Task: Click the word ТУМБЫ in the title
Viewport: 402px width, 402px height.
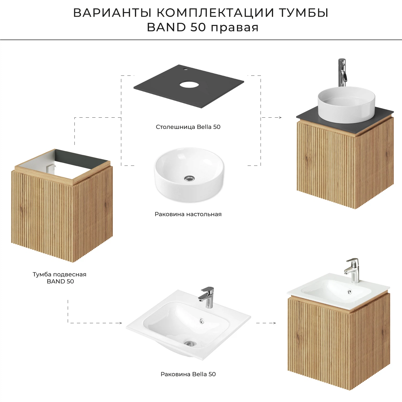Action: (304, 13)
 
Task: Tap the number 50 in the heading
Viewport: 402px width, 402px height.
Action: (198, 27)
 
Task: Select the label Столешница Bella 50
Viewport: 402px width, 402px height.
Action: (188, 127)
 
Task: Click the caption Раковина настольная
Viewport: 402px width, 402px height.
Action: (188, 214)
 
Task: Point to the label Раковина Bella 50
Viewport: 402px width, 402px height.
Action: (188, 374)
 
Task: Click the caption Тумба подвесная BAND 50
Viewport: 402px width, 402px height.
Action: (59, 278)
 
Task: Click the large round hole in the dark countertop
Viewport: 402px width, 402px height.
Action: (189, 85)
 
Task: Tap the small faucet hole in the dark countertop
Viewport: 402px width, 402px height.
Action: (185, 69)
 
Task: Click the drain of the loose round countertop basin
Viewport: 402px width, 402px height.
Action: (189, 178)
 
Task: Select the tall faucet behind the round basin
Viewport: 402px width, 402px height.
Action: (342, 72)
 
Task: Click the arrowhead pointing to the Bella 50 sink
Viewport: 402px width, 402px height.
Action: (120, 323)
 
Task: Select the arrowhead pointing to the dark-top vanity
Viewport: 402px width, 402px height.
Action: (280, 117)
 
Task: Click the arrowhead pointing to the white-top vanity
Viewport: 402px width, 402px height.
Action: (274, 323)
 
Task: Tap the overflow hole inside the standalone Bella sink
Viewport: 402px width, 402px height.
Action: (202, 320)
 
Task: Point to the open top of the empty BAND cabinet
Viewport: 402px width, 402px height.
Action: (63, 166)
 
